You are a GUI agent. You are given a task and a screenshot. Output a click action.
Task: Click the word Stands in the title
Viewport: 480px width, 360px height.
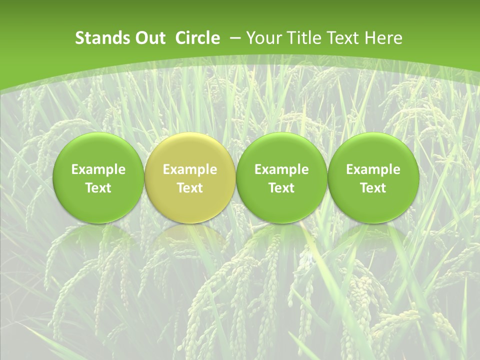click(x=101, y=38)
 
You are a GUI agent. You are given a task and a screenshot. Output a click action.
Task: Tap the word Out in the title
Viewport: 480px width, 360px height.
click(x=149, y=38)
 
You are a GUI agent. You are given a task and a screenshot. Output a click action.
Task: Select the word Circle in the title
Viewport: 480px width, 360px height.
click(x=197, y=38)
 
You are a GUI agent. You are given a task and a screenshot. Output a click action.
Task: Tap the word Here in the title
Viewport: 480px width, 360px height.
click(x=383, y=38)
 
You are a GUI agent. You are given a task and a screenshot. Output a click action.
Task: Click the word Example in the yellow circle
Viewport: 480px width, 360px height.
click(x=190, y=169)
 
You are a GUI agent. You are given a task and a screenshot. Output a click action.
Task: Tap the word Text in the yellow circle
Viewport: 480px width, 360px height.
click(x=190, y=188)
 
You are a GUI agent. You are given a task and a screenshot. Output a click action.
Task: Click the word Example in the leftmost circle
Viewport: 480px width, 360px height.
click(x=98, y=169)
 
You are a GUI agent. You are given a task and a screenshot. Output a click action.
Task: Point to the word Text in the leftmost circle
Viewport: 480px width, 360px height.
click(x=98, y=188)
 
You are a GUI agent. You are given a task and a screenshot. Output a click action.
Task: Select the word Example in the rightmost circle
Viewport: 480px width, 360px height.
click(x=373, y=169)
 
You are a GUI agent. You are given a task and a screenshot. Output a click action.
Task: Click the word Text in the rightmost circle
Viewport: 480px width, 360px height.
click(x=373, y=188)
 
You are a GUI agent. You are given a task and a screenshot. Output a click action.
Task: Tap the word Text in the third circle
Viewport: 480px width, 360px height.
click(x=281, y=188)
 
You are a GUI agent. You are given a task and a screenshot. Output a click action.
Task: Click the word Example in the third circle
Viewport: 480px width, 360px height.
click(x=281, y=169)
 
